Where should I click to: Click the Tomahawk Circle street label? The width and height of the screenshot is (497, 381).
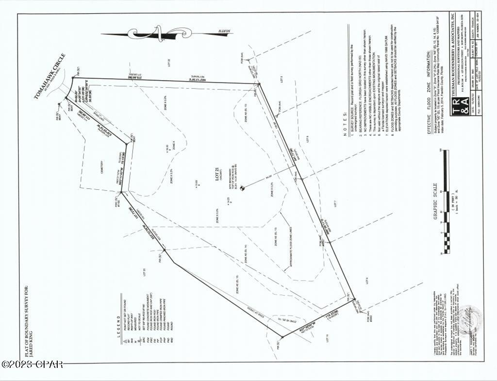[x=50, y=76]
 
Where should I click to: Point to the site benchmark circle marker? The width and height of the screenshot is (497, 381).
[x=243, y=188]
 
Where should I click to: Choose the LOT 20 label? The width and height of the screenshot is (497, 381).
[x=144, y=272]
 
